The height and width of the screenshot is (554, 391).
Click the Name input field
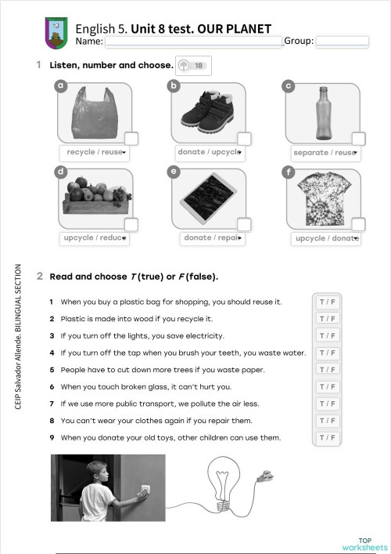(194, 42)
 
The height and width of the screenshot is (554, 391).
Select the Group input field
(342, 42)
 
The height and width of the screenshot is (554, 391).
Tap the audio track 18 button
(192, 67)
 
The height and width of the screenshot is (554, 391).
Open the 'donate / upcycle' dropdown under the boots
(208, 152)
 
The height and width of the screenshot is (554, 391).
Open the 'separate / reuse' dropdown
(323, 153)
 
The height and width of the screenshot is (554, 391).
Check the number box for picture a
(131, 139)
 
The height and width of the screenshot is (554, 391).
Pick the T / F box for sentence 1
(327, 302)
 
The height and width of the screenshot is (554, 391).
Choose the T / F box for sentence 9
(327, 437)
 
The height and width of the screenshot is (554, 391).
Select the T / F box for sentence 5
(327, 369)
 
